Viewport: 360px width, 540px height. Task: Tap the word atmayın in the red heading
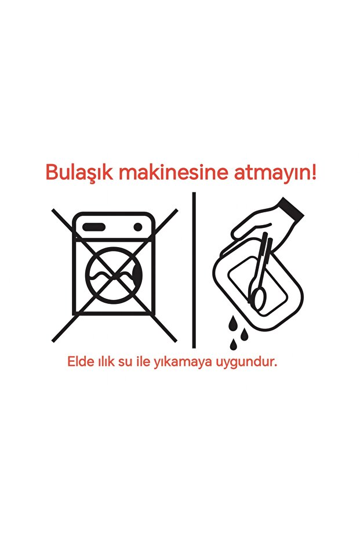pos(272,172)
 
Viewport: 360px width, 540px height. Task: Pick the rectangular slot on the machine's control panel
pos(97,226)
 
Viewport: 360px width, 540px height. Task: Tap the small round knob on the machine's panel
pos(139,226)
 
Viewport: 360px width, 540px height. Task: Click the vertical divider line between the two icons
pos(194,270)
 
